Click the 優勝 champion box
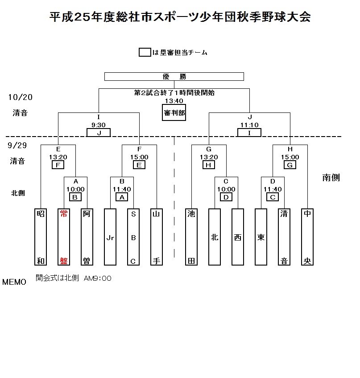[x=174, y=76]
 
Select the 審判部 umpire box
[x=174, y=112]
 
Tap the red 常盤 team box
[x=64, y=237]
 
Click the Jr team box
[x=110, y=237]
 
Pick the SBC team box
[x=133, y=237]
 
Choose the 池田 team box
[x=191, y=237]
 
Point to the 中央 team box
[x=307, y=237]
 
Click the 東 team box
[x=261, y=237]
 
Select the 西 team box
[x=238, y=237]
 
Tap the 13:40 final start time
[x=174, y=101]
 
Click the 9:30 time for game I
[x=99, y=125]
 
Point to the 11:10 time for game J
[x=249, y=125]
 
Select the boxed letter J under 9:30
[x=99, y=133]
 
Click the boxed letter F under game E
[x=58, y=165]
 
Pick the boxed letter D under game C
[x=226, y=197]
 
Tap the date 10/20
[x=21, y=97]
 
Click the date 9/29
[x=17, y=145]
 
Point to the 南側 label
[x=331, y=178]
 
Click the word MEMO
[x=14, y=282]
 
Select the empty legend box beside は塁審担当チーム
[x=145, y=52]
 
